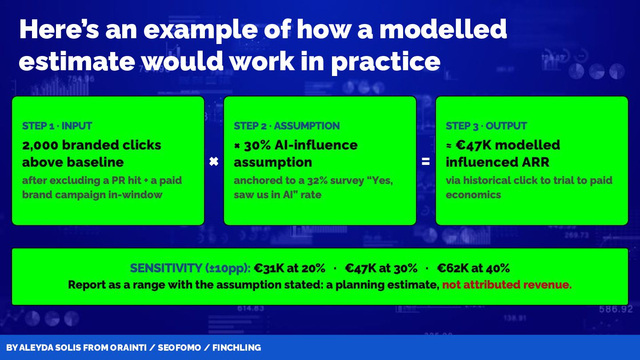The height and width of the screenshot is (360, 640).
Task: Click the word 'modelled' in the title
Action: coord(443,29)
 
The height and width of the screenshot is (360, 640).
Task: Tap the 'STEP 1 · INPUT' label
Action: coord(57,126)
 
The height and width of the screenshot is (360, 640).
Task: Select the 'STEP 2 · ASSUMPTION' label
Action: coord(287,126)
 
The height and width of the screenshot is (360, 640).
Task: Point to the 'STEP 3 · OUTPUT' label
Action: coord(486,126)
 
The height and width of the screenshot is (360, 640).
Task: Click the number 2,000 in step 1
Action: coord(40,145)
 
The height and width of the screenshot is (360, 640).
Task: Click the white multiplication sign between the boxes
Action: coord(214,162)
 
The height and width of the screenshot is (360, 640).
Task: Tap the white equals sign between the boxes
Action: coord(425,162)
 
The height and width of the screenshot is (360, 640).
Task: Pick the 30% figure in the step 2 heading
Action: coord(257,145)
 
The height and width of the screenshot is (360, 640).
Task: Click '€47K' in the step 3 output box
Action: coord(473,145)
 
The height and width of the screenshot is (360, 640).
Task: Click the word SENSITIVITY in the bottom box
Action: coord(166,268)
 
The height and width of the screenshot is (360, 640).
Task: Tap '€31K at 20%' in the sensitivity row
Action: coord(289,268)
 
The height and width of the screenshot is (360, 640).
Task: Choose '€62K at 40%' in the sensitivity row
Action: coord(473,268)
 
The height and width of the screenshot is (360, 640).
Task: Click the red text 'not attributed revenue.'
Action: coord(507,284)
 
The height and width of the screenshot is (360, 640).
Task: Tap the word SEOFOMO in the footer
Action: coord(179,348)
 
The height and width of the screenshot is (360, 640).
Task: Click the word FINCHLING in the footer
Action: coord(236,348)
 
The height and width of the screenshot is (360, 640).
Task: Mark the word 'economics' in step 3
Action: coord(473,195)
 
